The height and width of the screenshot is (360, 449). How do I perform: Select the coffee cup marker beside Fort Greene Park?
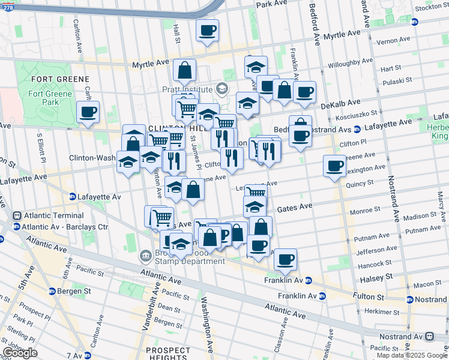point(88,112)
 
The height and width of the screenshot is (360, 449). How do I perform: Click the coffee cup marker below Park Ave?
point(207,30)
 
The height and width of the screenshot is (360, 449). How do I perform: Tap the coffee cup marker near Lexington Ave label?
point(334,166)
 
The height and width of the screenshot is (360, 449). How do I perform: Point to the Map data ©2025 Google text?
point(411,355)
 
